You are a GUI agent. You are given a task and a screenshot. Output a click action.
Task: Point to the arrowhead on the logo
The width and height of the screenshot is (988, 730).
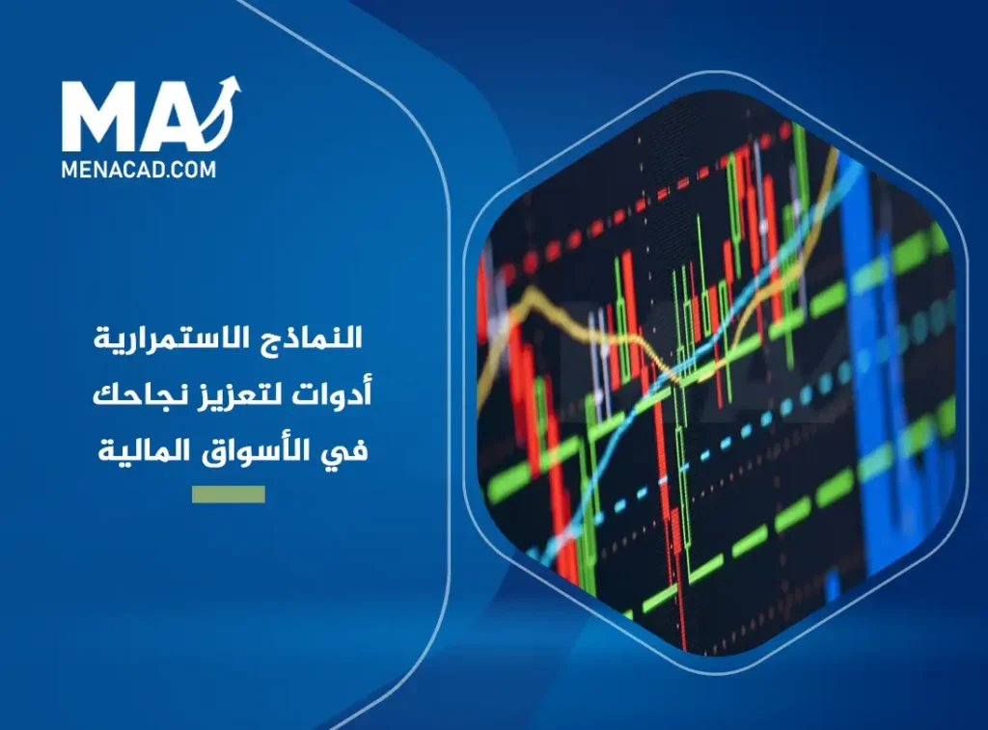coord(231,85)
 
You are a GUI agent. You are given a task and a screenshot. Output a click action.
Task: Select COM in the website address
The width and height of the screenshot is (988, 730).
coord(196,169)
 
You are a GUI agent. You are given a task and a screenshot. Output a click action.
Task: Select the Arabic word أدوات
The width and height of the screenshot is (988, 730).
coord(341,394)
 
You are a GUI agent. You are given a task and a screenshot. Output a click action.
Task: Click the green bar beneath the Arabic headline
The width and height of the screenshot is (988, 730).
coord(228,495)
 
